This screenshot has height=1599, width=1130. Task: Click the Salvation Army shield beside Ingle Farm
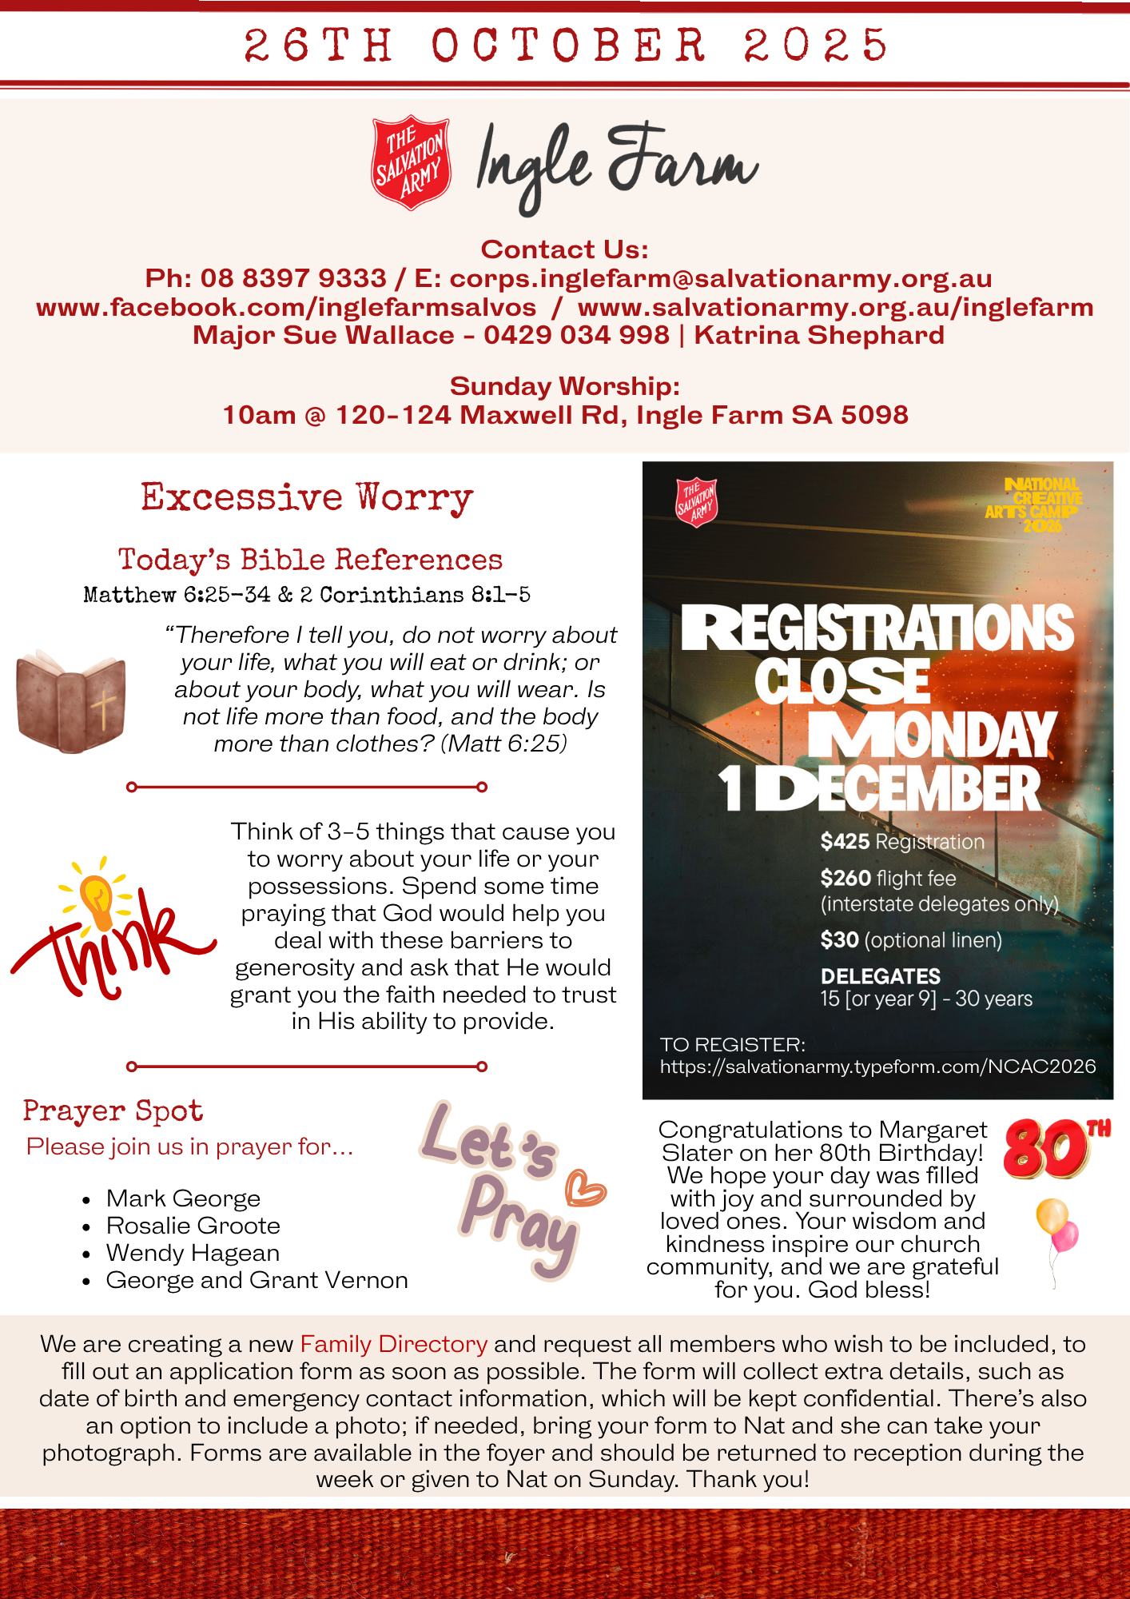point(411,163)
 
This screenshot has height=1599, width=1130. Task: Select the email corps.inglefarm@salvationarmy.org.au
point(720,278)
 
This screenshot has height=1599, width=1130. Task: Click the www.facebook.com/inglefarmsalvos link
point(286,307)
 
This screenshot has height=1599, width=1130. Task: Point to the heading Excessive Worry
point(307,497)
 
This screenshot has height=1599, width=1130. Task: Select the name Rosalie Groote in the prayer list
point(193,1226)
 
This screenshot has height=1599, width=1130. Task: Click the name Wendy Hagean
point(193,1253)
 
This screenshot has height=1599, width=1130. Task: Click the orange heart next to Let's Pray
point(585,1188)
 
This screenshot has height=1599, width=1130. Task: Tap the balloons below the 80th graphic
point(1056,1228)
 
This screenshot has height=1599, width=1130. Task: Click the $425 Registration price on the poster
point(901,842)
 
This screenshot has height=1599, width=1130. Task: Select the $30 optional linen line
point(910,940)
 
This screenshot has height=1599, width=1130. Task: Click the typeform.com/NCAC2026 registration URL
point(877,1067)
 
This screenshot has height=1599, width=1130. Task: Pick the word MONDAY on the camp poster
point(932,735)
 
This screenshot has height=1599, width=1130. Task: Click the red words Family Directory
point(393,1344)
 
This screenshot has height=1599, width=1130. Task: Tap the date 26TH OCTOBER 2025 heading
point(565,45)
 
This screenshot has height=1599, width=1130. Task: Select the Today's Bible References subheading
point(310,560)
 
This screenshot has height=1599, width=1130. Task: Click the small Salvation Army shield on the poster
point(696,503)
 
